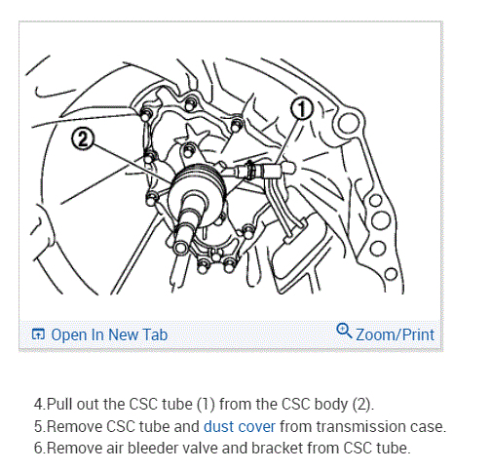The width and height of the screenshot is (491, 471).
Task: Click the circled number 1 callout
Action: click(302, 108)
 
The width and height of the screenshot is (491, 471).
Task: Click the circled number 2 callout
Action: click(83, 138)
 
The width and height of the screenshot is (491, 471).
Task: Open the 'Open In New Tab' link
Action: click(109, 334)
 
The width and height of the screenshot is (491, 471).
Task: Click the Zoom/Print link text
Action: click(395, 334)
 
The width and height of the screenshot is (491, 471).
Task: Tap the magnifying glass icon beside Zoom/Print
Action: click(344, 332)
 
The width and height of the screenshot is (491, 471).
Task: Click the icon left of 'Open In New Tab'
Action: click(38, 334)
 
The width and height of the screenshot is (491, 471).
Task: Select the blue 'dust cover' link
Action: click(240, 426)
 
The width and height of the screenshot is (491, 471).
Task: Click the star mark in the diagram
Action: click(192, 135)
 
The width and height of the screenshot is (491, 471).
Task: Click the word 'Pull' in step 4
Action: click(59, 404)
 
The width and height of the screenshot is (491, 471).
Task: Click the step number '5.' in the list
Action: click(40, 426)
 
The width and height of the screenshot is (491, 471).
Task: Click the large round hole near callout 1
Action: click(348, 123)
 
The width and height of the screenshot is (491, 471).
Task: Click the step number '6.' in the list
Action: click(40, 448)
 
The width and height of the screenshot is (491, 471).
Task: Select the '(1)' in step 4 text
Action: click(207, 404)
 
